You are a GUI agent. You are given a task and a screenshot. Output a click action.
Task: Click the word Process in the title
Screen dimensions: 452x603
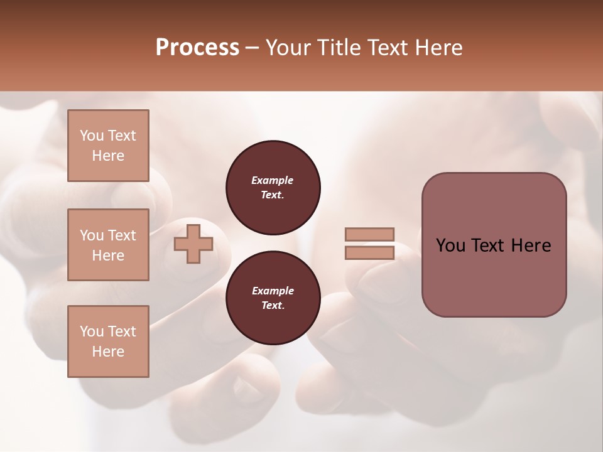197,48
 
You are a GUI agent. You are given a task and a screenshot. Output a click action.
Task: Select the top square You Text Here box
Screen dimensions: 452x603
108,146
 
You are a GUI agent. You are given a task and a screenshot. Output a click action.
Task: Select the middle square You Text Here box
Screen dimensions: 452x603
108,245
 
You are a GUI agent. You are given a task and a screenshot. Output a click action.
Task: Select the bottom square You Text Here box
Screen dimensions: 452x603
108,342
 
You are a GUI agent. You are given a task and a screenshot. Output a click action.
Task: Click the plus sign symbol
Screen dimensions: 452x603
193,244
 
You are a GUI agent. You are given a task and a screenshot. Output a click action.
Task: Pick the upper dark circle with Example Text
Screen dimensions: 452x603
273,188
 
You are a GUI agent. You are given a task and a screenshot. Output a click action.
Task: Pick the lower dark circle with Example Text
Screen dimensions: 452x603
273,298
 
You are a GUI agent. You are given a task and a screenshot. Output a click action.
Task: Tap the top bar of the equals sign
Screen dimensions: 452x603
370,234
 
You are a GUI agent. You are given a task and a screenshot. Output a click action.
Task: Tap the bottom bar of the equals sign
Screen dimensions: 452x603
370,253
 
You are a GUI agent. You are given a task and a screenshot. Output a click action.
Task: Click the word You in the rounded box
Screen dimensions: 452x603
450,245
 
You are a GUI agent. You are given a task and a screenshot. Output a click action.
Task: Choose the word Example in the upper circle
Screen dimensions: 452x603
273,181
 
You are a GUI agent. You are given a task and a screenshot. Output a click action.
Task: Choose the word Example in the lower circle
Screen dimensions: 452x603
273,291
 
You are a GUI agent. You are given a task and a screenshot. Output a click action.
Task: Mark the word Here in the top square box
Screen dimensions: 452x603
108,156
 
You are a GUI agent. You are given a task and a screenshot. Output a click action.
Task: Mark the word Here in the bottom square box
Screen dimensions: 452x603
108,352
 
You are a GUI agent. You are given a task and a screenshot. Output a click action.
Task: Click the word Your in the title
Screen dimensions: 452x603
290,48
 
